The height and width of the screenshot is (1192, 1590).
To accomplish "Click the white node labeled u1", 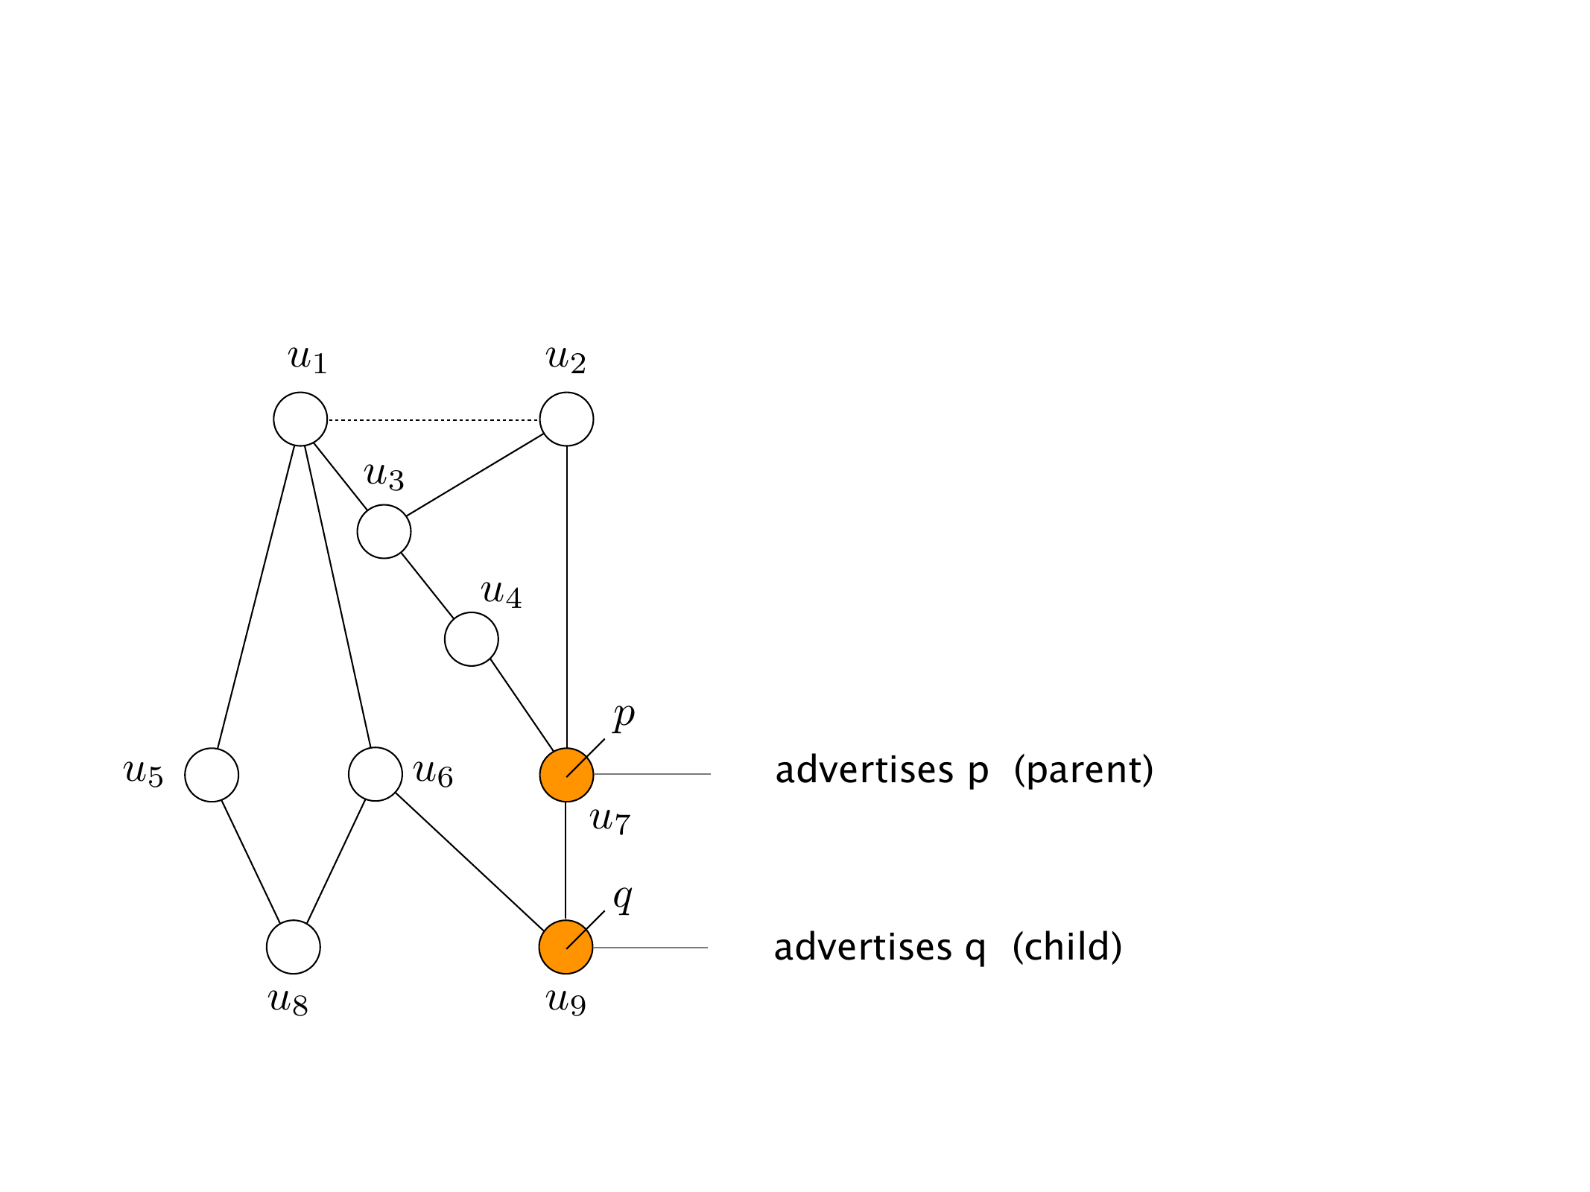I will pyautogui.click(x=300, y=419).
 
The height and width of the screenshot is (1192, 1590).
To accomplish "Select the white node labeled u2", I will pyautogui.click(x=566, y=419).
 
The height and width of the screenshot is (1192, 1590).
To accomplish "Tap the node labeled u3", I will pyautogui.click(x=384, y=531).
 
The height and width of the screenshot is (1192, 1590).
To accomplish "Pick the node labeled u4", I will pyautogui.click(x=471, y=639).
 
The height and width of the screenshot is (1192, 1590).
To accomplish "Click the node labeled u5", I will pyautogui.click(x=212, y=775).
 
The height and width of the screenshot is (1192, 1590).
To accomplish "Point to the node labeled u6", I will pyautogui.click(x=375, y=775).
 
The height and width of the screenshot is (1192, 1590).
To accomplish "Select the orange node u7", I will pyautogui.click(x=566, y=775).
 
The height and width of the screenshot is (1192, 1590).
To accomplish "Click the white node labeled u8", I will pyautogui.click(x=294, y=947).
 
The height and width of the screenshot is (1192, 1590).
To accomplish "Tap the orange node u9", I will pyautogui.click(x=566, y=947).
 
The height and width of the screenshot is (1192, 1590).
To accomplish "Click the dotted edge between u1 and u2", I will pyautogui.click(x=434, y=420).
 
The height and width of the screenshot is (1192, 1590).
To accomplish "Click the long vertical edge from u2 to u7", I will pyautogui.click(x=567, y=596).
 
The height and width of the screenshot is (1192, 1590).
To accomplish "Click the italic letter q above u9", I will pyautogui.click(x=622, y=898).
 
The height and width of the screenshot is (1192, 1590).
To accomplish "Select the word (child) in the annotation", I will pyautogui.click(x=1067, y=948).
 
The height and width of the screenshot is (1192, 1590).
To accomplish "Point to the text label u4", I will pyautogui.click(x=501, y=594).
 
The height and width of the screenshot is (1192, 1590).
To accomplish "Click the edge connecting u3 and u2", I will pyautogui.click(x=475, y=475).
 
